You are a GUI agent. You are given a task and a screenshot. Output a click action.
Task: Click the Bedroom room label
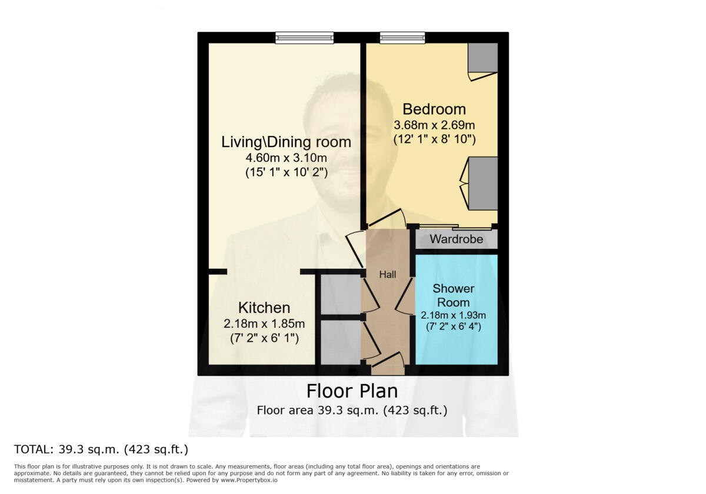(x=434, y=109)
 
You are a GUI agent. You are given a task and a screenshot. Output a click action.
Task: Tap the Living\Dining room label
(x=286, y=142)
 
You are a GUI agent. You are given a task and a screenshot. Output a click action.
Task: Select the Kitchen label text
(x=264, y=308)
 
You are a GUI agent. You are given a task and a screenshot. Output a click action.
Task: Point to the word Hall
(x=387, y=274)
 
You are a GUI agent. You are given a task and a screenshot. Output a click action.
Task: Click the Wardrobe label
(x=456, y=239)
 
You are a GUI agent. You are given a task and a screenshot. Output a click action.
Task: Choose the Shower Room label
(x=453, y=295)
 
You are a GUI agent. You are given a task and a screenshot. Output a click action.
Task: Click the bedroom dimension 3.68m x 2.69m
(x=434, y=125)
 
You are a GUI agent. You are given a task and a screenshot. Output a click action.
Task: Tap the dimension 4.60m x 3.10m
(x=286, y=158)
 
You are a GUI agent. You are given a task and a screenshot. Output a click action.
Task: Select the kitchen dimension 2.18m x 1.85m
(x=264, y=323)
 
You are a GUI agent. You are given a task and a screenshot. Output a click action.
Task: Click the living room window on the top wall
(x=304, y=38)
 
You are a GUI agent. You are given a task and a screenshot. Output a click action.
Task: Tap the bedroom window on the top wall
(x=402, y=38)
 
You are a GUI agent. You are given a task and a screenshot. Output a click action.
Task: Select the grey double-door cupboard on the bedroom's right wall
(x=482, y=183)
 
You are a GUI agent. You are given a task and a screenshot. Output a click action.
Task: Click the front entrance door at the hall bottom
(x=388, y=365)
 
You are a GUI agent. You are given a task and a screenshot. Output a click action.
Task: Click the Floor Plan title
(x=352, y=391)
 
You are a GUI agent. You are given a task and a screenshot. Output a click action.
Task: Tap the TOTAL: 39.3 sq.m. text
(x=101, y=450)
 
